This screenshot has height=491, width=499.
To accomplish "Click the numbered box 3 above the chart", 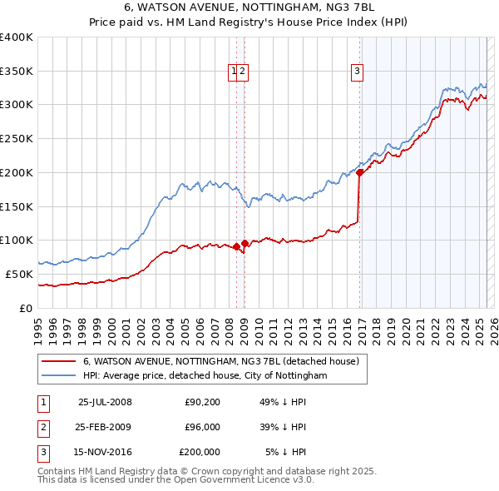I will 357,72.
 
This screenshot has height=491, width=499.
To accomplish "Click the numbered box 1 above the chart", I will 234,72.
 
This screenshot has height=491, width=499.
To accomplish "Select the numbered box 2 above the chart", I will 242,72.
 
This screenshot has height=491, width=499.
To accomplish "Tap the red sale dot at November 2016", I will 359,173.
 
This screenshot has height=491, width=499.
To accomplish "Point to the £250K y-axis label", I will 16,139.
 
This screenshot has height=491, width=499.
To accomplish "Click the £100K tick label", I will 16,241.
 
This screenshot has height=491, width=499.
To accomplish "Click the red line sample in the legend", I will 58,361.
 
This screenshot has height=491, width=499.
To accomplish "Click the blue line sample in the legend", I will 58,375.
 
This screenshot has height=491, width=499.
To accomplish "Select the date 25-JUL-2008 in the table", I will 105,402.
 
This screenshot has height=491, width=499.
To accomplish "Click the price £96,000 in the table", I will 202,427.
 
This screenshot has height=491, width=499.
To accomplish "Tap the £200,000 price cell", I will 200,452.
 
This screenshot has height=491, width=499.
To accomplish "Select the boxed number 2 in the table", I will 41,427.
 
